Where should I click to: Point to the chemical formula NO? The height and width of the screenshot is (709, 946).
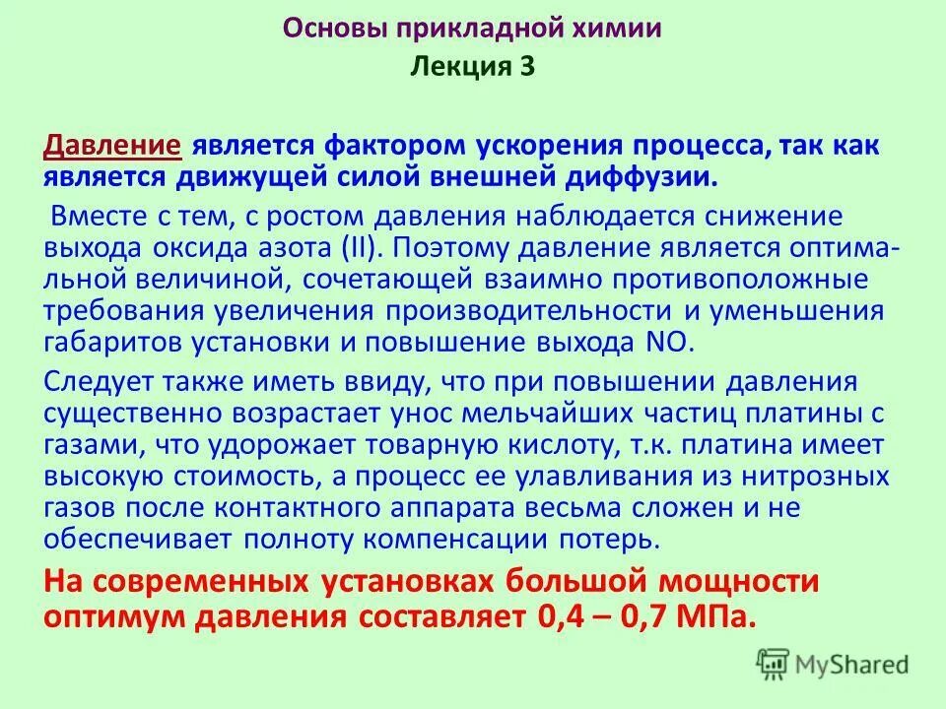675,342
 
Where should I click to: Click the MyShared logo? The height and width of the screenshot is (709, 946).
834,665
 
